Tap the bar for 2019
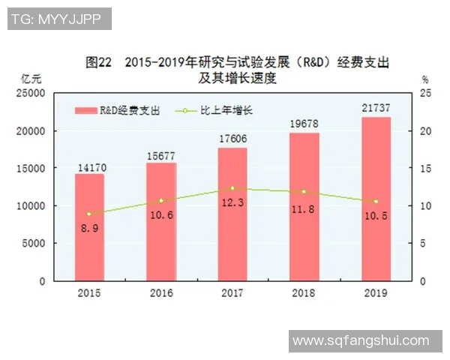point(376,199)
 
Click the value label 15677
point(161,156)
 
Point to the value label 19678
point(304,125)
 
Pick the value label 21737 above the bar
point(376,110)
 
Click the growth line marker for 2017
point(232,188)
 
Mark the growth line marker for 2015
point(89,214)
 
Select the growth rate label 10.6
point(161,215)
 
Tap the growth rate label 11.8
point(304,208)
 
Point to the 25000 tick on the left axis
point(32,93)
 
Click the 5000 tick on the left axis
point(34,243)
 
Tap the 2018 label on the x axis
point(304,293)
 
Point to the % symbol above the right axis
point(424,78)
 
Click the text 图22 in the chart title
point(98,61)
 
